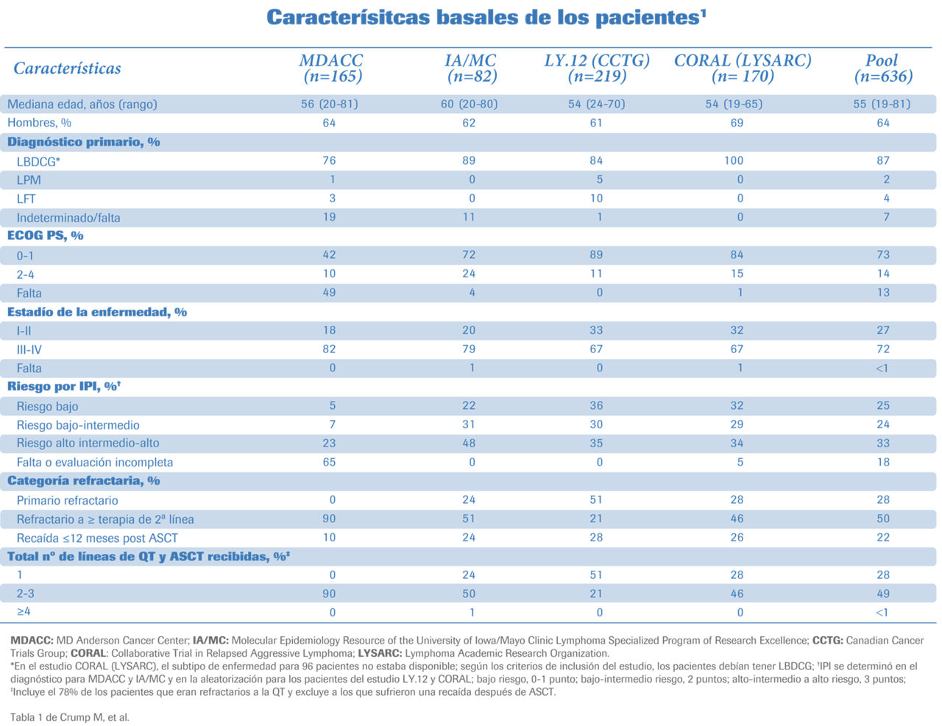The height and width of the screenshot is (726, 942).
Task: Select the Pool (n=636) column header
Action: click(883, 68)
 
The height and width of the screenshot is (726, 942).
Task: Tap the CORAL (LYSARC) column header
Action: click(743, 68)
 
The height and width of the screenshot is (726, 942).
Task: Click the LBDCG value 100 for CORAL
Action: click(734, 160)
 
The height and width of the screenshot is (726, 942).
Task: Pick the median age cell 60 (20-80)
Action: click(469, 104)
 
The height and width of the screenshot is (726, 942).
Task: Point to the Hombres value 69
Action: click(737, 123)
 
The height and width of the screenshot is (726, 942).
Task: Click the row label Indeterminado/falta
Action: click(68, 218)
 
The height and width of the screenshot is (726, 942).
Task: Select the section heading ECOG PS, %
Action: click(46, 235)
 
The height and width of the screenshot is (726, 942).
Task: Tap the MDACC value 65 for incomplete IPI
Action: click(329, 462)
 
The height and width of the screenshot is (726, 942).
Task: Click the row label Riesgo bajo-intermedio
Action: click(78, 425)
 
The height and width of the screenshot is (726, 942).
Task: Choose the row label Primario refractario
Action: click(67, 500)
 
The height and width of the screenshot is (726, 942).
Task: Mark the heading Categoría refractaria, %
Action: click(84, 481)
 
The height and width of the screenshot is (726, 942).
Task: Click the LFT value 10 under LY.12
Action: click(596, 199)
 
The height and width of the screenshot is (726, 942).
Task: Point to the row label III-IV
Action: click(29, 349)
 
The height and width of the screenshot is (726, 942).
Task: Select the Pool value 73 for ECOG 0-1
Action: click(883, 255)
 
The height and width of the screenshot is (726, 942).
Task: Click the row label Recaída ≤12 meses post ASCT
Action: click(97, 538)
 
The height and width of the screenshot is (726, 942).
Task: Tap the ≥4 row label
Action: click(24, 612)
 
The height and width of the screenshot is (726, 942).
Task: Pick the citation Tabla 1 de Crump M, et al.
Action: click(70, 717)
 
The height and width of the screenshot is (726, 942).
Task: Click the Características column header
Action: click(67, 68)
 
